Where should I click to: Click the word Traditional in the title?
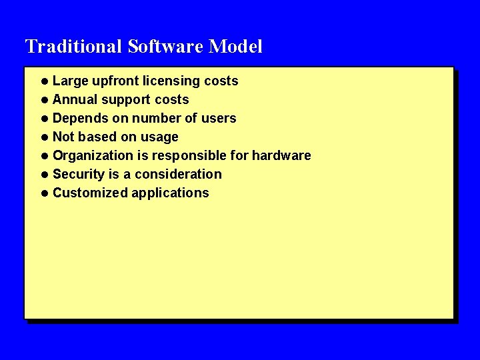tap(73, 47)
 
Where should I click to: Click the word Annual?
tap(75, 100)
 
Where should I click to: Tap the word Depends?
tap(79, 119)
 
